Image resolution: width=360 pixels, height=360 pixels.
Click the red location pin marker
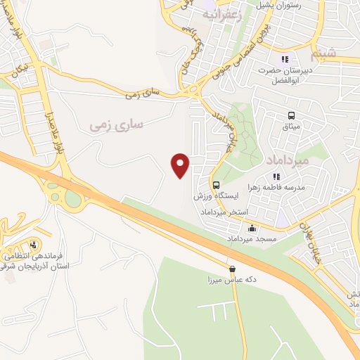tap(181, 165)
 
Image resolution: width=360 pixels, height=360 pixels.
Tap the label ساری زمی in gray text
tap(116, 124)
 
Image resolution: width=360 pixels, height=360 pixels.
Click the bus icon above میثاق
tap(290, 116)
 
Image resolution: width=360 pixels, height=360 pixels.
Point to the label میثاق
tap(290, 127)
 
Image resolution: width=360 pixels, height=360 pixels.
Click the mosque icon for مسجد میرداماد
tap(252, 228)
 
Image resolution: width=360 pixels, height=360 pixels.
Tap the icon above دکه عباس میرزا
tap(232, 269)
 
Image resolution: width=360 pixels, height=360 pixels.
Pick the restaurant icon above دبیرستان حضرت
tap(285, 60)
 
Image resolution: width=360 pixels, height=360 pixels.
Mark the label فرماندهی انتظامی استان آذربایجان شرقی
tap(43, 261)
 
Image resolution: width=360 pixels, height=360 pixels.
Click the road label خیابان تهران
tap(310, 243)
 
